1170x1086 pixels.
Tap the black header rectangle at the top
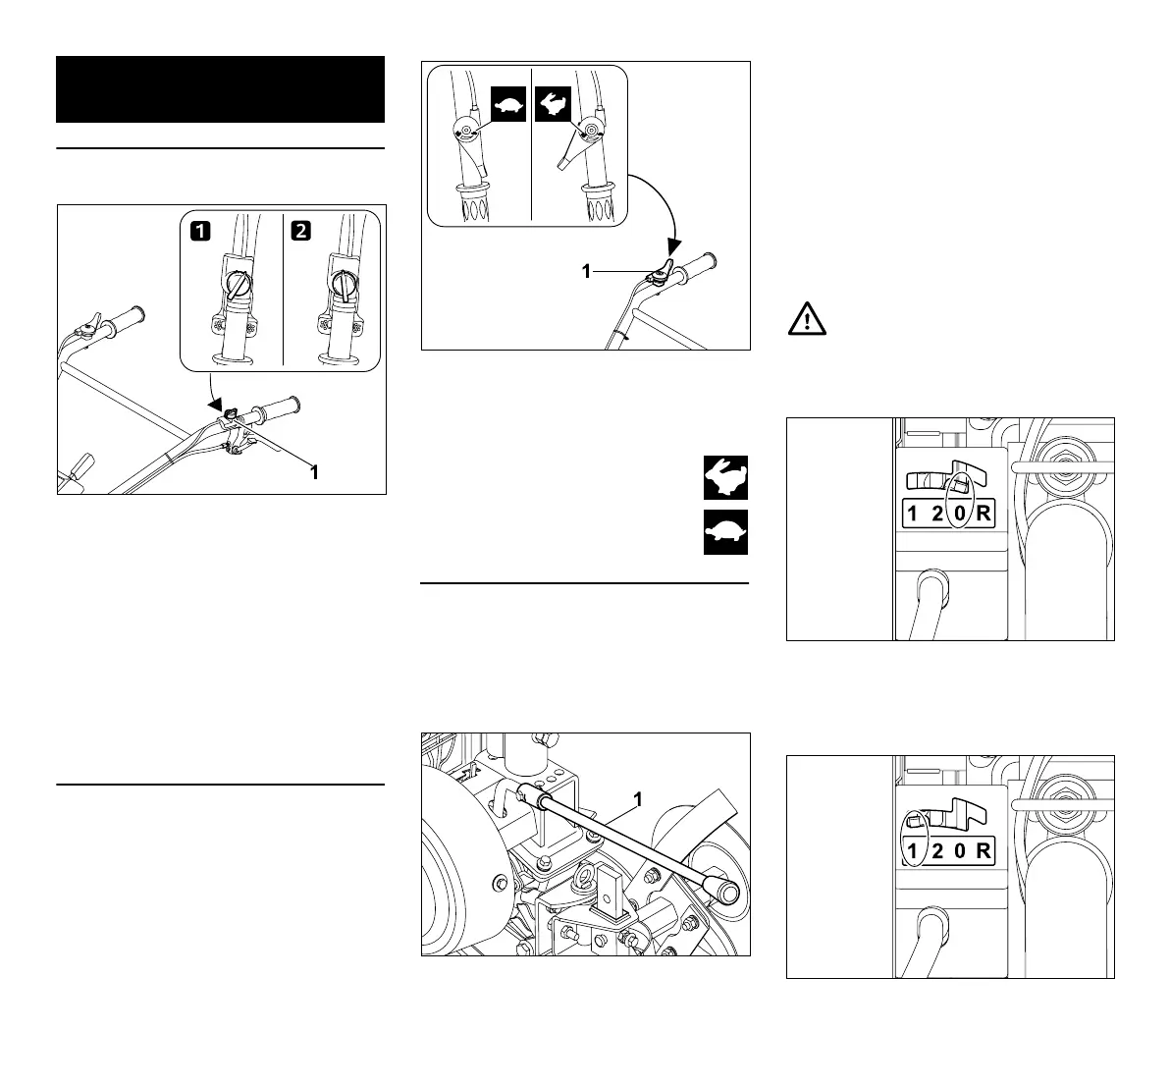click(220, 89)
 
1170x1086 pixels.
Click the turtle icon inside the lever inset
click(508, 104)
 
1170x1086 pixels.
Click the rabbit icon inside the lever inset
click(553, 104)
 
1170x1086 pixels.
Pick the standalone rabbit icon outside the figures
click(725, 478)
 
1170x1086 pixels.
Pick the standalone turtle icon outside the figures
click(725, 532)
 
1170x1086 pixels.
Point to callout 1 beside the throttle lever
click(586, 272)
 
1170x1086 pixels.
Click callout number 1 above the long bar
click(637, 800)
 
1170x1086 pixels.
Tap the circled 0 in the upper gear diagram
click(960, 514)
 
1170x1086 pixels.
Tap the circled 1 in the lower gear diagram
click(913, 850)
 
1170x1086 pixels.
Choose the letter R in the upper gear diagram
click(984, 514)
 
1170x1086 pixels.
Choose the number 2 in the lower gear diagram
click(937, 850)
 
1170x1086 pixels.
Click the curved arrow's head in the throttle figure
click(672, 245)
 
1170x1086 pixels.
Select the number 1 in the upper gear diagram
click(912, 514)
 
